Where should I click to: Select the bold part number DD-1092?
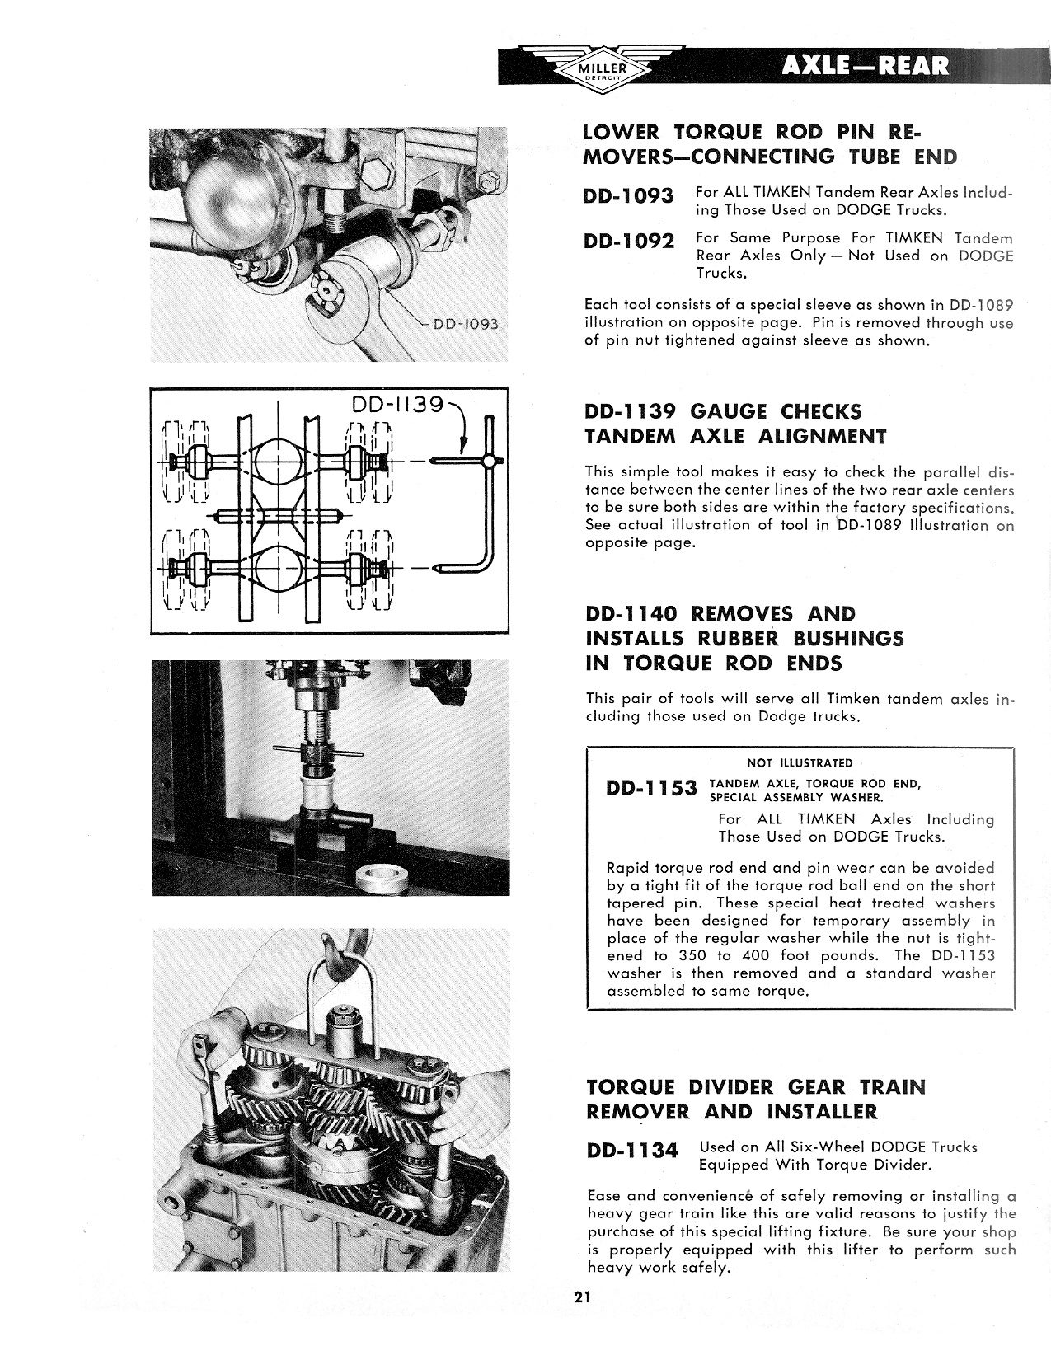pyautogui.click(x=628, y=242)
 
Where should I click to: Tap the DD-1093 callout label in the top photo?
pyautogui.click(x=462, y=323)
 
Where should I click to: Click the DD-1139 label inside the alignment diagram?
pyautogui.click(x=397, y=405)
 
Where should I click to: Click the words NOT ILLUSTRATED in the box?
pyautogui.click(x=799, y=762)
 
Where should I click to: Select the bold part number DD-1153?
pyautogui.click(x=651, y=789)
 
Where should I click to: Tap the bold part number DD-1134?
pyautogui.click(x=632, y=1151)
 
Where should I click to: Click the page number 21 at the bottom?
pyautogui.click(x=584, y=1297)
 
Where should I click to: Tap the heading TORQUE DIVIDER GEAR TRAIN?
pyautogui.click(x=755, y=1086)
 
